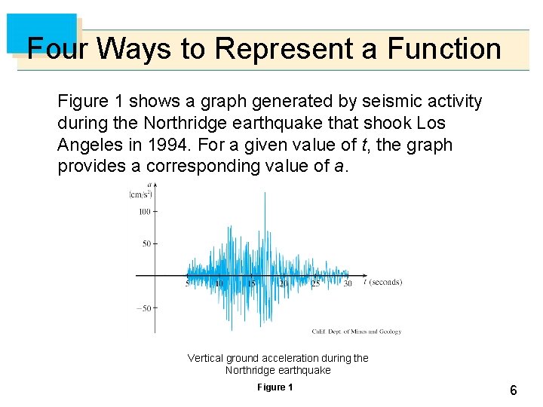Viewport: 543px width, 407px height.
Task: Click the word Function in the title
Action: (x=444, y=49)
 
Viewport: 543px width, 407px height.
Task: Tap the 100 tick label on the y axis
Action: (x=145, y=212)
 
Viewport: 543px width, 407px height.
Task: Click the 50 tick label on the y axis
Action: (x=147, y=243)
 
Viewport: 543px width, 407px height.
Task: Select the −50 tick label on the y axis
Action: (x=143, y=308)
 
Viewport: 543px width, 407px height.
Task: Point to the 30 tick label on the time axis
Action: (x=347, y=283)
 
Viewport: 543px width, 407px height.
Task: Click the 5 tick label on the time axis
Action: (x=188, y=283)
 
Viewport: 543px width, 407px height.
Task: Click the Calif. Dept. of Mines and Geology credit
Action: (x=356, y=331)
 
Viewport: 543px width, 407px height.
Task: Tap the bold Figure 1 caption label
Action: (x=275, y=387)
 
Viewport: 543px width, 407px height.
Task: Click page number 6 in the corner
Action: (x=513, y=390)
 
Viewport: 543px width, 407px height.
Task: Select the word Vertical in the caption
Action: (x=206, y=358)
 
